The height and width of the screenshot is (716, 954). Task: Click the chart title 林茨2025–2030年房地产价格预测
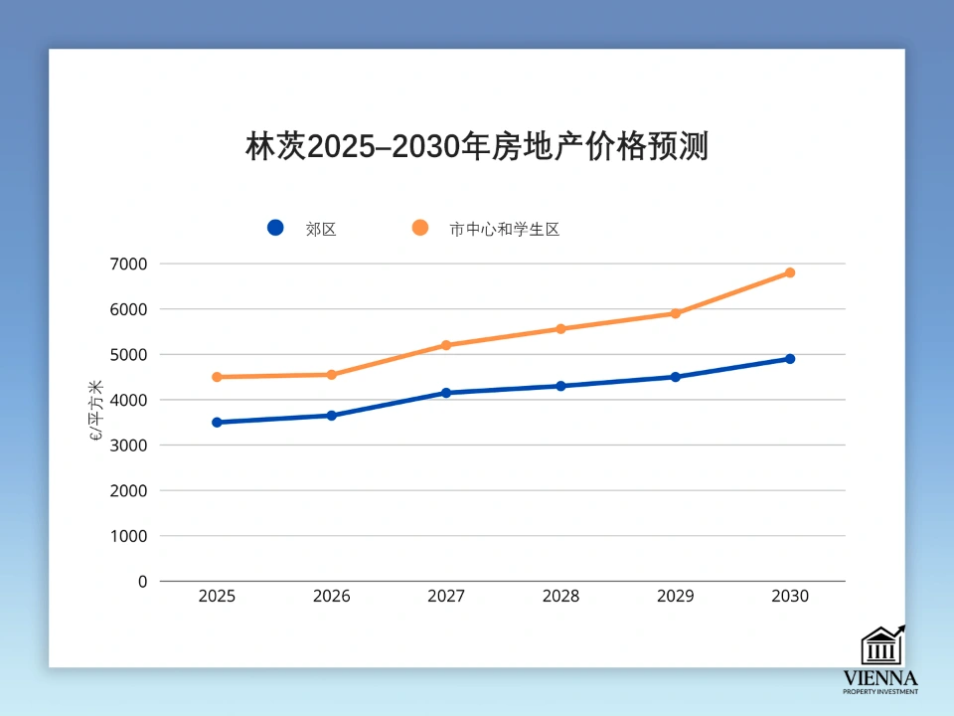[x=476, y=147]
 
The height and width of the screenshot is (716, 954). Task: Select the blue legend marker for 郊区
[x=275, y=228]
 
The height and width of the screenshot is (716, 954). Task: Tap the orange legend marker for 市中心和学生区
[x=419, y=228]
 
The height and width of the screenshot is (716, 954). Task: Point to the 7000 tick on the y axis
[x=129, y=264]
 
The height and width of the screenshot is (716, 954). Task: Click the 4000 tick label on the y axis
[x=129, y=400]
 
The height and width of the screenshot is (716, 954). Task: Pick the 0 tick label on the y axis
[x=142, y=581]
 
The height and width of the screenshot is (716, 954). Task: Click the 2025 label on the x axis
[x=217, y=597]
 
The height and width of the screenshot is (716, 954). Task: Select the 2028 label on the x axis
[x=560, y=597]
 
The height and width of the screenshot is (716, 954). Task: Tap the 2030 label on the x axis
[x=790, y=597]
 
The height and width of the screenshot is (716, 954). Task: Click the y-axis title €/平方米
[x=96, y=410]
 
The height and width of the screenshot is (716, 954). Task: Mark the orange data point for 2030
[x=790, y=272]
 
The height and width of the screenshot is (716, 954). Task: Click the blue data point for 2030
[x=790, y=359]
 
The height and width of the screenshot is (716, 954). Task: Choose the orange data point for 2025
[x=217, y=377]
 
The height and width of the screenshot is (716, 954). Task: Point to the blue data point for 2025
[x=217, y=423]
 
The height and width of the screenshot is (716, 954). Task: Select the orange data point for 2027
[x=446, y=345]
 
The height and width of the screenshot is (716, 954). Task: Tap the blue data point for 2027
[x=446, y=393]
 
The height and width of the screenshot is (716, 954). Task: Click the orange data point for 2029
[x=676, y=313]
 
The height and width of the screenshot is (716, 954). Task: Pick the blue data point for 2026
[x=332, y=416]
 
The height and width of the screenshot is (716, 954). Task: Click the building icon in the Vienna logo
[x=881, y=646]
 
